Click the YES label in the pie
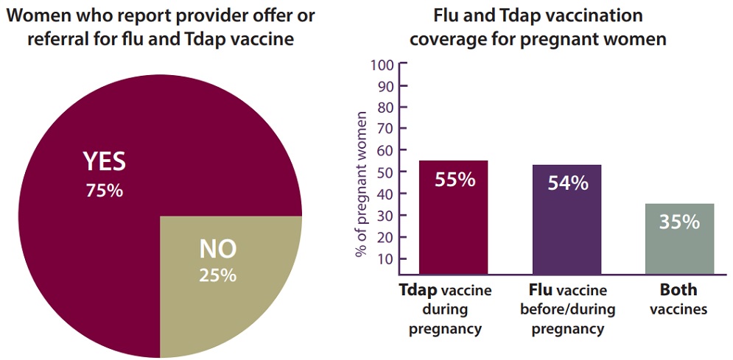[104, 161]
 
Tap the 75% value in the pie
[104, 190]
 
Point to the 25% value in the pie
[218, 275]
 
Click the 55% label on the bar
[455, 179]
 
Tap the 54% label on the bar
[568, 183]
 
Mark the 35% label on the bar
[680, 221]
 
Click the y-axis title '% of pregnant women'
[362, 184]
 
